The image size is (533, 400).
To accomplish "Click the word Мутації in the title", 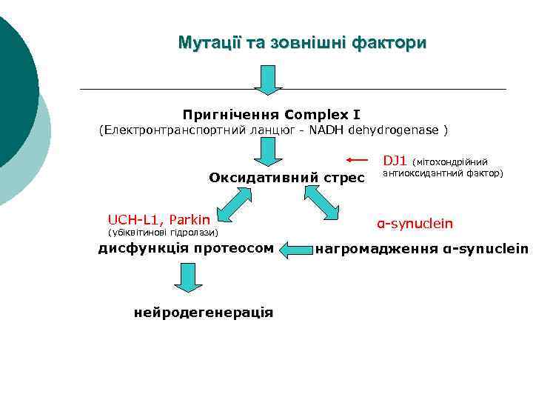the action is pos(208,43).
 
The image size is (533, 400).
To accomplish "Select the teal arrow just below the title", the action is pos(268,80).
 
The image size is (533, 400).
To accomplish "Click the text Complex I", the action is pos(323,115).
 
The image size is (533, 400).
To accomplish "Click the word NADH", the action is pos(327,131).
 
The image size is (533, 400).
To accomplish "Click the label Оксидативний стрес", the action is pos(286,177).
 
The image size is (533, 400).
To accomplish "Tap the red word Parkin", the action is pos(190,219).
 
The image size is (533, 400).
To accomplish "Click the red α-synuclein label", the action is pos(415,223).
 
